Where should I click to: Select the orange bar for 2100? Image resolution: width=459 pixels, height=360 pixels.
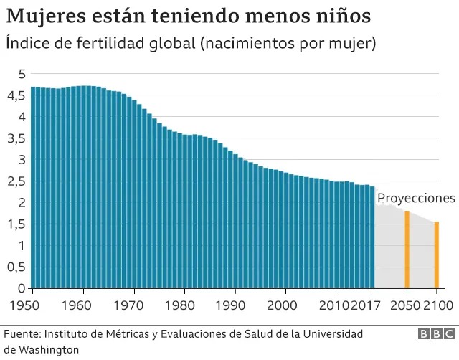tap(436, 255)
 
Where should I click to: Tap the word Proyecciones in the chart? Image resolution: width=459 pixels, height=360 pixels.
tap(416, 198)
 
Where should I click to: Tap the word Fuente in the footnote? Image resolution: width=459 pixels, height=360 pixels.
tap(22, 334)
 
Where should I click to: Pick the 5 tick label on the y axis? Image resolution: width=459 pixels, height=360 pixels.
tap(22, 74)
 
